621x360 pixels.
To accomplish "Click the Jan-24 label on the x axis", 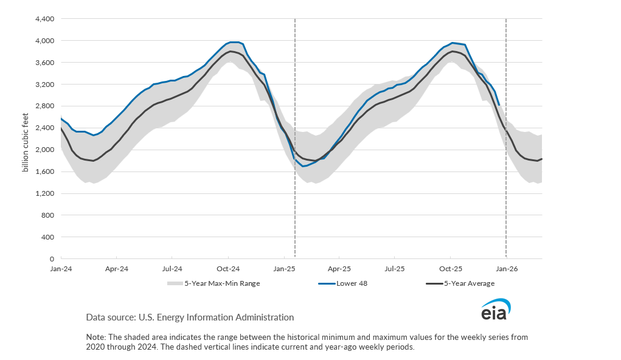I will (61, 268).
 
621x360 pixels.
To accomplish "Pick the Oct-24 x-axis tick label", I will (227, 268).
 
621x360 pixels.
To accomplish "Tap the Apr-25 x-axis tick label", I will (339, 268).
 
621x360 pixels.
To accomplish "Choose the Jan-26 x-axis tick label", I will (507, 268).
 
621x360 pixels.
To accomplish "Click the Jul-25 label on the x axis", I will (395, 268).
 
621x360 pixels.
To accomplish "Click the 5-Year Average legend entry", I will (469, 283).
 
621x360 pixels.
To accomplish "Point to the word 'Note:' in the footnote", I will (95, 337).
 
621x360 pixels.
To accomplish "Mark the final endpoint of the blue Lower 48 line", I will (499, 105).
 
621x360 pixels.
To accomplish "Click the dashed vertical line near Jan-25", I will (295, 182).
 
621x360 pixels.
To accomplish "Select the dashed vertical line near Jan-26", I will (506, 182).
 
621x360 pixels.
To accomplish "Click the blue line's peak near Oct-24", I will (234, 42).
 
